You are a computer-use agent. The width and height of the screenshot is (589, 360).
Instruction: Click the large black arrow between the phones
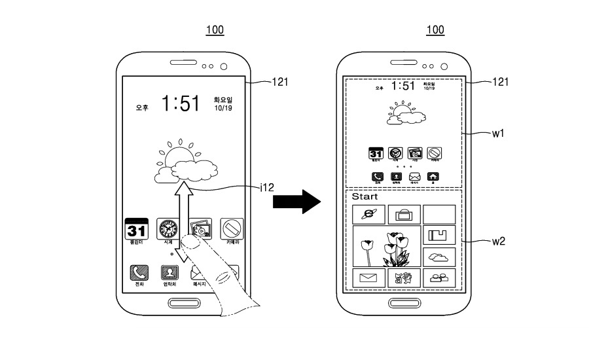(x=296, y=202)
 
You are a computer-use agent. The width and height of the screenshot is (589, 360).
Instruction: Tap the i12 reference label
(x=266, y=187)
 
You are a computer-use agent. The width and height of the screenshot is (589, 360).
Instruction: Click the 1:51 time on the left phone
(x=181, y=103)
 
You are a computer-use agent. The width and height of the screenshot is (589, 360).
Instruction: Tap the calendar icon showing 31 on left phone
(x=137, y=230)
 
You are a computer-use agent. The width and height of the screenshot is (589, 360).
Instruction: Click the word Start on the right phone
(x=365, y=196)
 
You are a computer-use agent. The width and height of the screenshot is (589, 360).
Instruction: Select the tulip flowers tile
(x=386, y=246)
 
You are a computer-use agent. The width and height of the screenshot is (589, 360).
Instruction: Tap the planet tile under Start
(x=368, y=214)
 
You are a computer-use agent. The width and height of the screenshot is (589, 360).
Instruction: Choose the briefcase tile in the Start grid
(x=404, y=214)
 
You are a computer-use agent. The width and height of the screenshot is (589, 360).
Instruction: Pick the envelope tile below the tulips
(x=368, y=278)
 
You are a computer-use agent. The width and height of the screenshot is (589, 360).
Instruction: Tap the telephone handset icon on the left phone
(x=139, y=272)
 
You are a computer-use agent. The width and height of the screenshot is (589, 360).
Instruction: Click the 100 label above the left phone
(x=215, y=30)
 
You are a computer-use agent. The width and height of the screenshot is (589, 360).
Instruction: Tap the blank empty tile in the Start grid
(x=438, y=214)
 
